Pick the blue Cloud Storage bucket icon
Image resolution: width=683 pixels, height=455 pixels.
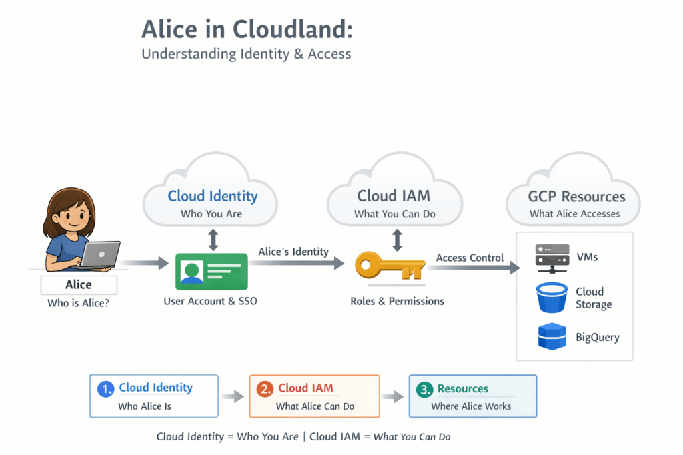click(x=552, y=298)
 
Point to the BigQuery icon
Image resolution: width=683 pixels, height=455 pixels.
click(x=552, y=336)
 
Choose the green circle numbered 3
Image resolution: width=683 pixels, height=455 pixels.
click(x=424, y=389)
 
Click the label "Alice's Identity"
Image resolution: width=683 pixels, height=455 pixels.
click(x=293, y=252)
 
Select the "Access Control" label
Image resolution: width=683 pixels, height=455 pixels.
click(x=470, y=258)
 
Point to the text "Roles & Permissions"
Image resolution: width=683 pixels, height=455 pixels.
click(x=397, y=301)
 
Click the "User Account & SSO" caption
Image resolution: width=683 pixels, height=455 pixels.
click(x=210, y=301)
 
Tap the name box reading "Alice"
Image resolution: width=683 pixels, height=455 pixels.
click(x=79, y=285)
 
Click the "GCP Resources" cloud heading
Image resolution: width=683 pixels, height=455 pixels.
click(x=576, y=197)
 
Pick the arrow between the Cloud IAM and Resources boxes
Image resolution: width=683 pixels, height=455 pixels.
click(x=394, y=396)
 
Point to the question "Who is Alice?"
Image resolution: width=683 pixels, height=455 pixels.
click(x=78, y=304)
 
